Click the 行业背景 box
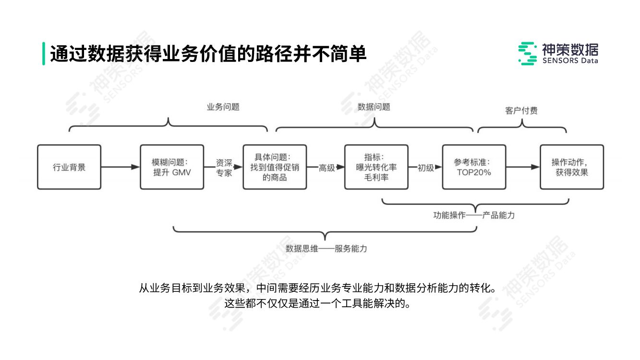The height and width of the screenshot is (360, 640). [x=69, y=167]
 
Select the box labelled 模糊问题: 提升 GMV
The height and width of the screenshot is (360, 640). [x=172, y=167]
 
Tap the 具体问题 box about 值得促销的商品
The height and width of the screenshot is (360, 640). [x=275, y=167]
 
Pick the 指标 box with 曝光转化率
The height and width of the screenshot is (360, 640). [x=376, y=167]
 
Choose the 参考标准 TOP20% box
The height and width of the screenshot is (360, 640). [x=474, y=167]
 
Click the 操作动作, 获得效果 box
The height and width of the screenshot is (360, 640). [x=572, y=167]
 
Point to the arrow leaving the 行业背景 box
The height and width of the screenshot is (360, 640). [x=120, y=167]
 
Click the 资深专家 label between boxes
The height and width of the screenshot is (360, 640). [x=224, y=168]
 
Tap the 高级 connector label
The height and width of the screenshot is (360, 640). [x=327, y=168]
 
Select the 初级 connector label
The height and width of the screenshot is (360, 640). [x=425, y=168]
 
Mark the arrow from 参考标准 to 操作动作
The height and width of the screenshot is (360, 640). [x=522, y=167]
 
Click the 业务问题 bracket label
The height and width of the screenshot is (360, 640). [x=223, y=107]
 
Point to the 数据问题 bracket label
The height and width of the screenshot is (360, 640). [x=374, y=107]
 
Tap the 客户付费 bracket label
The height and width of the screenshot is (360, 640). [x=521, y=111]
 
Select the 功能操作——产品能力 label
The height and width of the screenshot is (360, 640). [x=474, y=216]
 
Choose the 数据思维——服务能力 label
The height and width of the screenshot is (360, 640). [x=326, y=249]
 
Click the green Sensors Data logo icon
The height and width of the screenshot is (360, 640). [x=528, y=53]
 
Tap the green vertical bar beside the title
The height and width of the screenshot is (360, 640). [x=44, y=54]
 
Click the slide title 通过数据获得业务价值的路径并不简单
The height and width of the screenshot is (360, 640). [x=208, y=54]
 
